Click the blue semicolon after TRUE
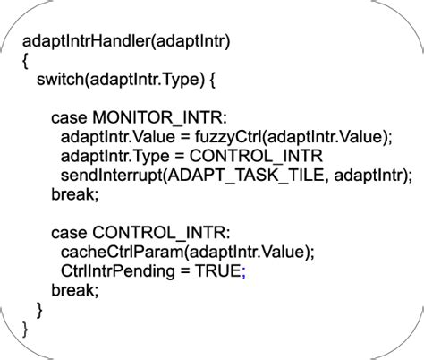[242, 271]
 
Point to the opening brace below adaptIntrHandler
[26, 61]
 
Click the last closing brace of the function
[25, 328]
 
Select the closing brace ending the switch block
[39, 309]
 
